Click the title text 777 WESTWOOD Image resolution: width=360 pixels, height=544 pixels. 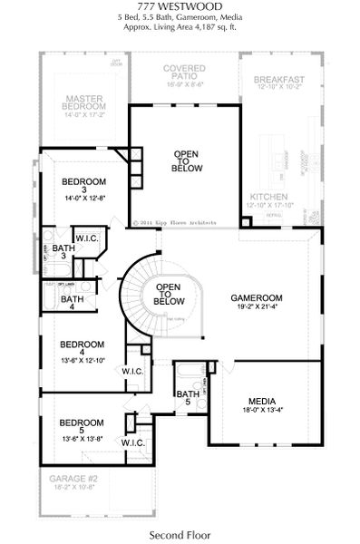180,7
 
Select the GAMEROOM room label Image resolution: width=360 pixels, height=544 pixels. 257,297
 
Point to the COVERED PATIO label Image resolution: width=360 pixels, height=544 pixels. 183,73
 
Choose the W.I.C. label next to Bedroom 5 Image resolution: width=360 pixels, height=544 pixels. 133,442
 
